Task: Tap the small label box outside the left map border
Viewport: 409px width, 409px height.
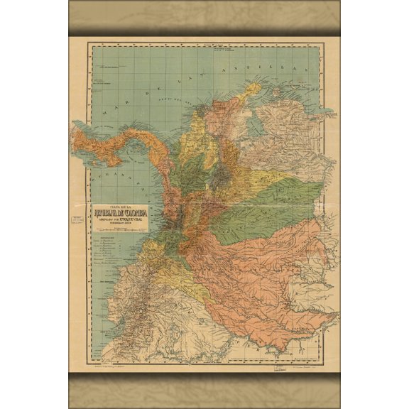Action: click(77, 219)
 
